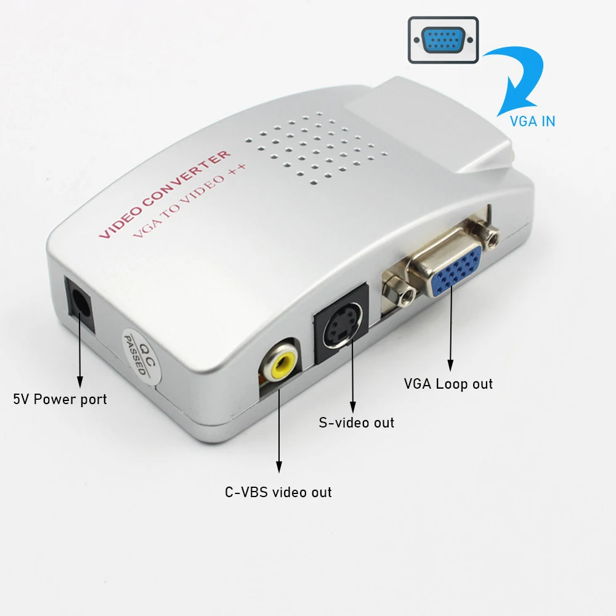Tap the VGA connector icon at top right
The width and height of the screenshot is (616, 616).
coord(443,40)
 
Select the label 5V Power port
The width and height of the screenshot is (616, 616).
coord(60,399)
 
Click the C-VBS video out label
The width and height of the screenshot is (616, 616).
coord(278,492)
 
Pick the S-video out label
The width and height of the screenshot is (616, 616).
coord(356,423)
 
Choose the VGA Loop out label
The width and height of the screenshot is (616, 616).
coord(448,384)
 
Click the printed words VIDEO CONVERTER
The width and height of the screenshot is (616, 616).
coord(165,193)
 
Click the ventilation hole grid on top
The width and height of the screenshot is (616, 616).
coord(314,146)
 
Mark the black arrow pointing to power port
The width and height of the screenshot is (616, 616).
coord(79,351)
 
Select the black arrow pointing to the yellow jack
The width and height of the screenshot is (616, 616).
coord(278,425)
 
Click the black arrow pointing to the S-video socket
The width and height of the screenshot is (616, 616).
coord(353,370)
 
